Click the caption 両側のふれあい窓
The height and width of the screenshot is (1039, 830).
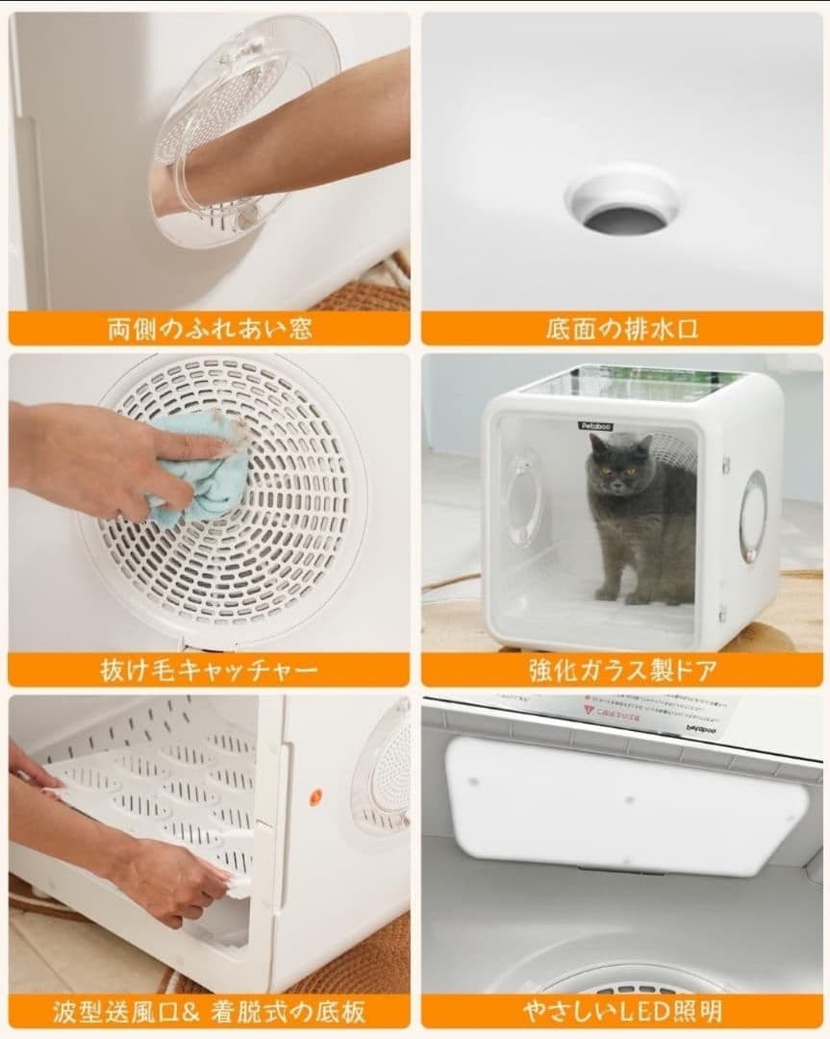(209, 328)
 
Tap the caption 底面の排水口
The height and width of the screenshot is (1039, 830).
(621, 328)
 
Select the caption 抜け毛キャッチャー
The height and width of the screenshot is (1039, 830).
(209, 670)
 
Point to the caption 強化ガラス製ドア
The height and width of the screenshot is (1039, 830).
(621, 670)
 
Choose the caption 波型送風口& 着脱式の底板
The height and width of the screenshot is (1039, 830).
(209, 1011)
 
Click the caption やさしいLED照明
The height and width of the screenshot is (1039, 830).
(621, 1011)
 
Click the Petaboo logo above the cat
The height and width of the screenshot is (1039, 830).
(594, 425)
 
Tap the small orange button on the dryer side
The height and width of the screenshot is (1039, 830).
(314, 798)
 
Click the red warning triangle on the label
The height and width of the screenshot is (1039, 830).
(589, 710)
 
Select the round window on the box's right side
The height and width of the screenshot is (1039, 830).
(752, 516)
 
